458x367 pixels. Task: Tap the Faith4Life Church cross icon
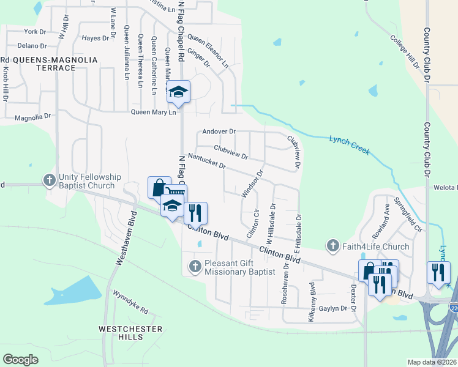click(x=333, y=246)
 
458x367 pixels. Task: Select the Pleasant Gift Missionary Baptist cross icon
click(x=195, y=266)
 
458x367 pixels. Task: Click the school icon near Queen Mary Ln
click(x=178, y=92)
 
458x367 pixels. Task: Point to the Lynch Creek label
click(x=350, y=144)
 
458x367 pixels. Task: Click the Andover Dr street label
click(x=219, y=132)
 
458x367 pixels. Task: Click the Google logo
click(x=20, y=360)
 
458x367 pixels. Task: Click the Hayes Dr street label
click(x=95, y=38)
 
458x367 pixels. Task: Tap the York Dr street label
click(x=34, y=31)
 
